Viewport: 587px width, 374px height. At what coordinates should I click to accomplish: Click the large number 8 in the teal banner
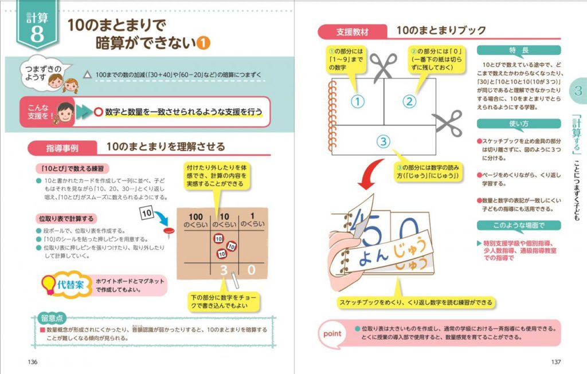point(37,34)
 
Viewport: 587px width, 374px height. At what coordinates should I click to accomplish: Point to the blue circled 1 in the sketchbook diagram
point(357,102)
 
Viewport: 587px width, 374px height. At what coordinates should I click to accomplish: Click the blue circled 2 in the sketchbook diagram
point(408,102)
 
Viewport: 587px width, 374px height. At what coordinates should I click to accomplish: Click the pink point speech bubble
point(332,333)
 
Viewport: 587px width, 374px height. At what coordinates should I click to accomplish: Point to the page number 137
point(555,361)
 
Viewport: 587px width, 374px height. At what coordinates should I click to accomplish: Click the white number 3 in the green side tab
point(577,91)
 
